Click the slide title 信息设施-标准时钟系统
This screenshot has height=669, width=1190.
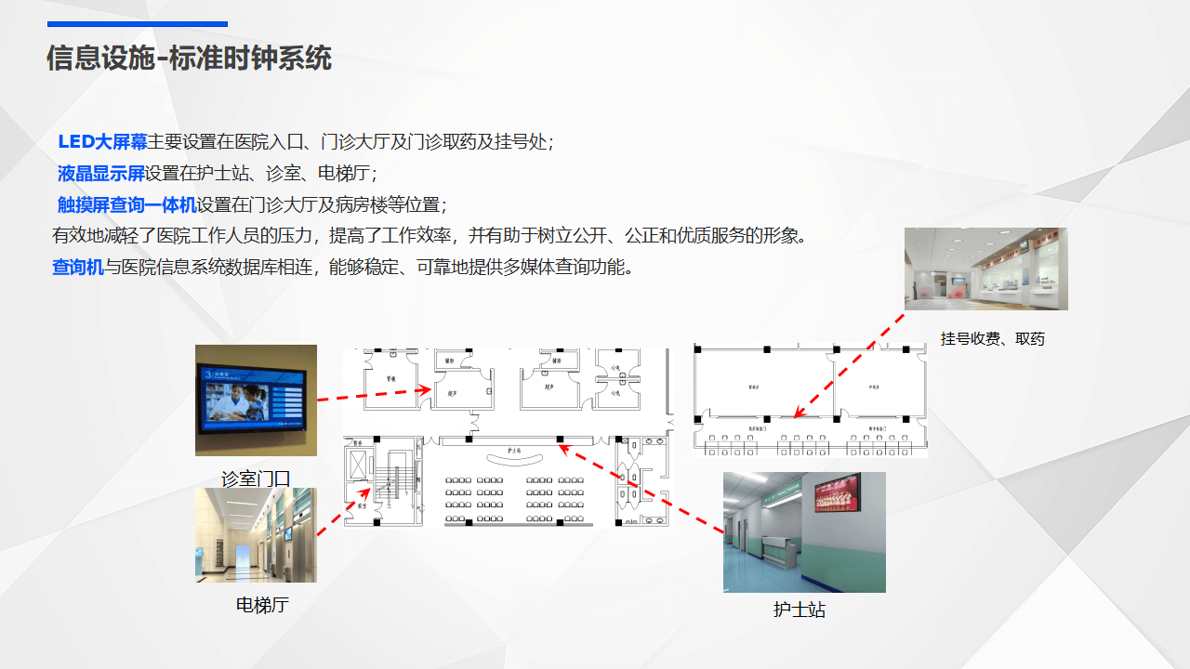[189, 59]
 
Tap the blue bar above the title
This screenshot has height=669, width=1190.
[137, 24]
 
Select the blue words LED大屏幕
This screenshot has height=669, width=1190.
[102, 142]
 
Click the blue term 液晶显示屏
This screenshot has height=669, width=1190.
[101, 174]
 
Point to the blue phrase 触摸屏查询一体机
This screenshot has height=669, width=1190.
[126, 204]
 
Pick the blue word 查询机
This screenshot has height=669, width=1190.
[77, 268]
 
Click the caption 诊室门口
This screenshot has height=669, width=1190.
[256, 479]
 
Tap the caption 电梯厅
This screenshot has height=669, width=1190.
[262, 606]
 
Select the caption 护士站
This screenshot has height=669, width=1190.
[799, 610]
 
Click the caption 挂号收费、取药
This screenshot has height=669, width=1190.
[992, 339]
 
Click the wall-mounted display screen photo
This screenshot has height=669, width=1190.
[256, 400]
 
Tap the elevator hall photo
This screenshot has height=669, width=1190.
[256, 535]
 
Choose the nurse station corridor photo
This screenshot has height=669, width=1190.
[804, 532]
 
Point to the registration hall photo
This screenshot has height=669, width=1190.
[985, 269]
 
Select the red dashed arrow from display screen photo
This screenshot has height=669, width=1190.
[372, 394]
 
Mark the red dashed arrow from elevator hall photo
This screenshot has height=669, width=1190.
[345, 512]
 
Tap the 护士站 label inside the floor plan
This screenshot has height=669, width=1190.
[513, 451]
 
